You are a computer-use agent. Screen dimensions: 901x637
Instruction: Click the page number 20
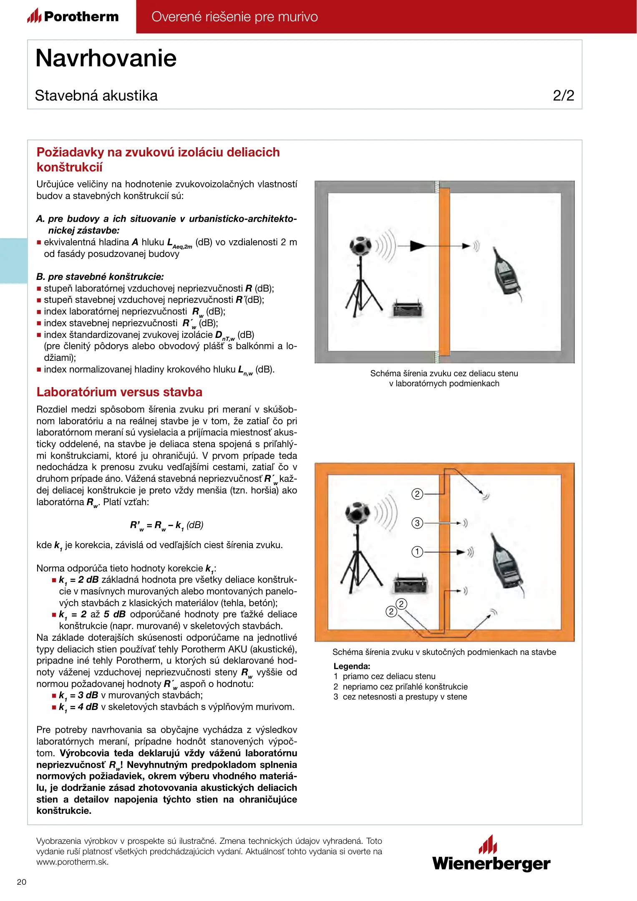tap(22, 882)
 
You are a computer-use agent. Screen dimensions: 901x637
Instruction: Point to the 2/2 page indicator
tap(563, 96)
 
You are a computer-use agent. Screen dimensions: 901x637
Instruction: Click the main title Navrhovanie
tap(106, 58)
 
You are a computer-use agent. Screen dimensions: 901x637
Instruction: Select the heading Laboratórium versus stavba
tap(119, 392)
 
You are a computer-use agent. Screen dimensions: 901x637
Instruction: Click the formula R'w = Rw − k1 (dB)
tap(166, 525)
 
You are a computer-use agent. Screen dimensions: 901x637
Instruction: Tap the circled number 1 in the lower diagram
tap(417, 552)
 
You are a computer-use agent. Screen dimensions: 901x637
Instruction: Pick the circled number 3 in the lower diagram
tap(417, 523)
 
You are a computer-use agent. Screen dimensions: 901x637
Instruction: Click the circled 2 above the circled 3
tap(417, 494)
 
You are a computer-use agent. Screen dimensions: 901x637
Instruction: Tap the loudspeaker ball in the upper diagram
tap(360, 246)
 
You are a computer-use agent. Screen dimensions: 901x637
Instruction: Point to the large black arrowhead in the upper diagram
tap(418, 246)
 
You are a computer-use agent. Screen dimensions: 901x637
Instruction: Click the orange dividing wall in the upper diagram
tap(445, 271)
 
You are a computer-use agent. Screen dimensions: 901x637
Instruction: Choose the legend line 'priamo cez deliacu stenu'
tap(389, 676)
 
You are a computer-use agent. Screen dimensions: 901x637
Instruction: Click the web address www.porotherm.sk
tap(73, 862)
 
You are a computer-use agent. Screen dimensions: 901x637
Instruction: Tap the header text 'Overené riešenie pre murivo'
tap(234, 17)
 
